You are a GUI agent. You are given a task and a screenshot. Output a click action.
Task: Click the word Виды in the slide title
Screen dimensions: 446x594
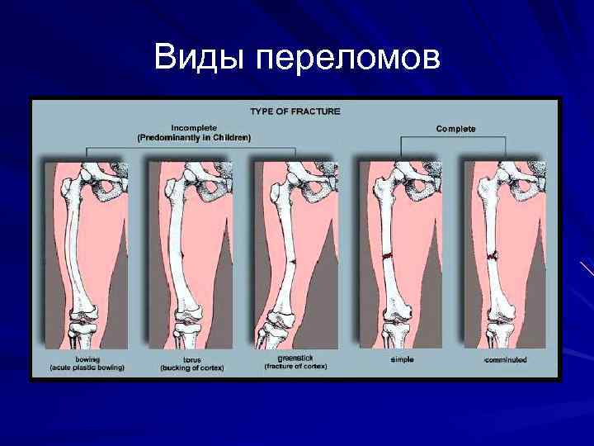200,58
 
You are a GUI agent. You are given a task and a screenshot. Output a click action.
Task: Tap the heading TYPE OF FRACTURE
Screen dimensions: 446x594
295,111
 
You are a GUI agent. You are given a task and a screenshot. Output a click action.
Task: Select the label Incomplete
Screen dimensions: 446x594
194,128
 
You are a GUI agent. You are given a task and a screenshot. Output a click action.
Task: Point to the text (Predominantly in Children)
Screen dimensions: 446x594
194,138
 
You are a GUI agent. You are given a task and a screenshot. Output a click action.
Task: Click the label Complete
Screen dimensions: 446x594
455,129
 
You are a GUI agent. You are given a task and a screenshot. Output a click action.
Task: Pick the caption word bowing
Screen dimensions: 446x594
87,360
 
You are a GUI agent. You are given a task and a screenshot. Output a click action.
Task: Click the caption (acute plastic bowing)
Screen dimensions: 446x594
87,368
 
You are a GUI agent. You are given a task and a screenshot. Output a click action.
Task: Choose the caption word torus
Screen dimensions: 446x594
192,361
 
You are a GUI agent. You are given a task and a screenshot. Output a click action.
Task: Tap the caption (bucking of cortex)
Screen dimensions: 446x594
192,368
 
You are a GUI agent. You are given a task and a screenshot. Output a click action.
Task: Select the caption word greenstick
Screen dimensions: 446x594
295,358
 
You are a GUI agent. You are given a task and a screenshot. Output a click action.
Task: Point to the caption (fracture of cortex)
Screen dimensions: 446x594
295,367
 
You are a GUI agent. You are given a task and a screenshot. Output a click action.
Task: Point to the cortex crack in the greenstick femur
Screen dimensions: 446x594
295,262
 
